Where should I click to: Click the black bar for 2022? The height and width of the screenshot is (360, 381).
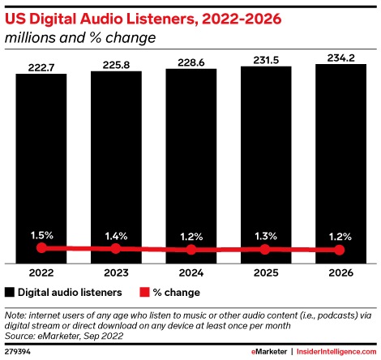[41, 162]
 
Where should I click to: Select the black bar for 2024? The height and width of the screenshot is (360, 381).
[191, 162]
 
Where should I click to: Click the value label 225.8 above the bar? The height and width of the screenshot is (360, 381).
[116, 62]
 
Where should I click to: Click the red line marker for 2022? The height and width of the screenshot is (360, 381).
[41, 247]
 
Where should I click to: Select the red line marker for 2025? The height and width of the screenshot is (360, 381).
[266, 250]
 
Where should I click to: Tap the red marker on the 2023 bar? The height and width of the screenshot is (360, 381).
[116, 248]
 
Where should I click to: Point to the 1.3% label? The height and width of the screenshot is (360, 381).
[266, 236]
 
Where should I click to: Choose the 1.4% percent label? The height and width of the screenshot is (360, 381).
[116, 235]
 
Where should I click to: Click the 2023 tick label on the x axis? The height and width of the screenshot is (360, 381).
[116, 273]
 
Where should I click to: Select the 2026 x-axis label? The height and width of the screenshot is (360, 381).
[340, 273]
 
